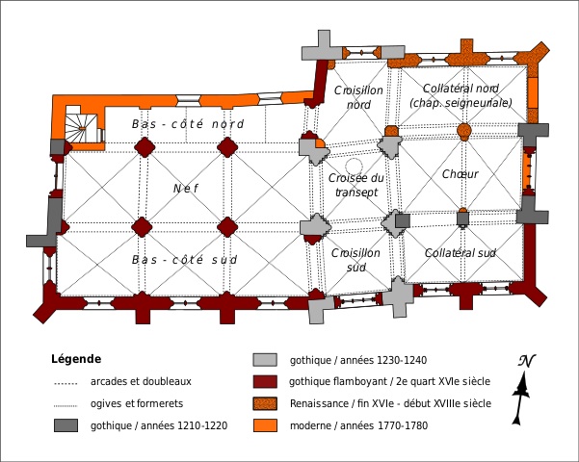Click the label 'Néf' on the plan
tap(185, 189)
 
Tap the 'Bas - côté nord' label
tap(188, 124)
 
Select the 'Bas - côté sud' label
tap(184, 260)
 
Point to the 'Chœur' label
tap(460, 174)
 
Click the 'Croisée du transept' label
tap(355, 185)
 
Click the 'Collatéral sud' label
tap(460, 253)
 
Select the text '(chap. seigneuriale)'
tap(461, 103)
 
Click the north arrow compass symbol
tap(522, 388)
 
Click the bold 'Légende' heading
tap(76, 359)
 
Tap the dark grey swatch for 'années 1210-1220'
tap(66, 424)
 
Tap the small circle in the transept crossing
tap(355, 167)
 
